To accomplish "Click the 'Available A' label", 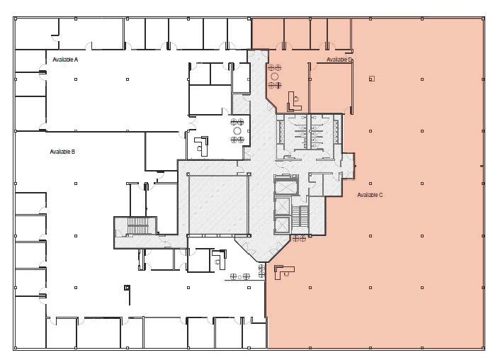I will (65, 60).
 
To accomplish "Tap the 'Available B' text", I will (62, 152).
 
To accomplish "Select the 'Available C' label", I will (370, 195).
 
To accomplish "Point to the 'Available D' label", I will (339, 60).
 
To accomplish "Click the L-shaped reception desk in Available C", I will (285, 271).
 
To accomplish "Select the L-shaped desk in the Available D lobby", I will (293, 99).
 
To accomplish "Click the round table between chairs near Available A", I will (237, 130).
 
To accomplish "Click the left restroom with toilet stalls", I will (290, 132).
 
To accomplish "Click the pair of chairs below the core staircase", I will (298, 239).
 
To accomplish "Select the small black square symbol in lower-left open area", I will (126, 288).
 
